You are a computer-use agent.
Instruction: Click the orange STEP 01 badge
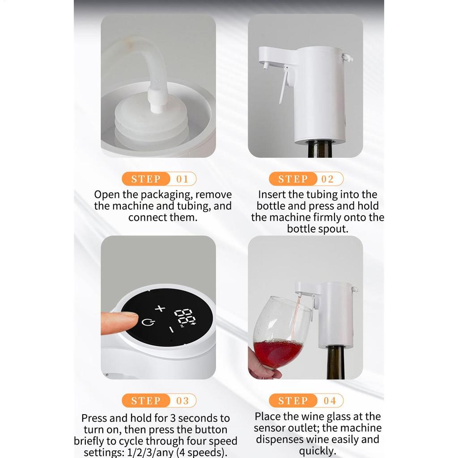tap(159, 179)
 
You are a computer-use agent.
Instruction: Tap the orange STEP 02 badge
tap(306, 179)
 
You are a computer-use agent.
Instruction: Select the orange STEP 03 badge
tap(159, 400)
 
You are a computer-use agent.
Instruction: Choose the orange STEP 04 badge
tap(306, 400)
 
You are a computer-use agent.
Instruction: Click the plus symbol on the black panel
tap(160, 308)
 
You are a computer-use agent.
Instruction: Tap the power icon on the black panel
tap(146, 323)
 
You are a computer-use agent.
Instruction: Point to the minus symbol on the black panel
tap(171, 330)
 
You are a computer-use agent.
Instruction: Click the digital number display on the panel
tap(185, 317)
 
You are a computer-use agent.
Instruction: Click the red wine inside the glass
tap(277, 352)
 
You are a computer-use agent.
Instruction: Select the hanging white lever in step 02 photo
tap(283, 90)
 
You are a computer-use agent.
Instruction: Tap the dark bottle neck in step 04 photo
tap(335, 362)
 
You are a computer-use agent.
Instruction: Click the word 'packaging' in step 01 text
tap(168, 195)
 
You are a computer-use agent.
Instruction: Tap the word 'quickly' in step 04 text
tap(318, 450)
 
